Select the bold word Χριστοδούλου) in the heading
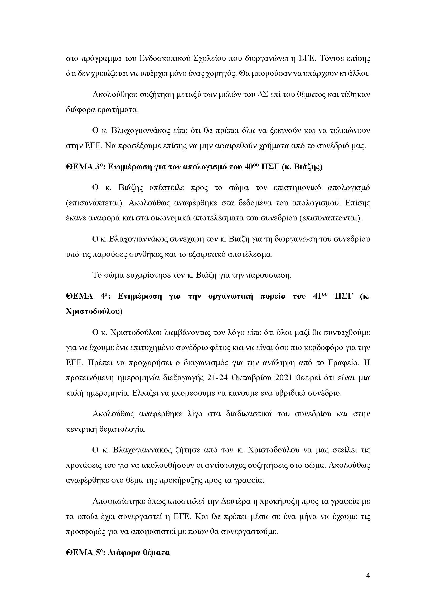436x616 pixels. tap(94, 312)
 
